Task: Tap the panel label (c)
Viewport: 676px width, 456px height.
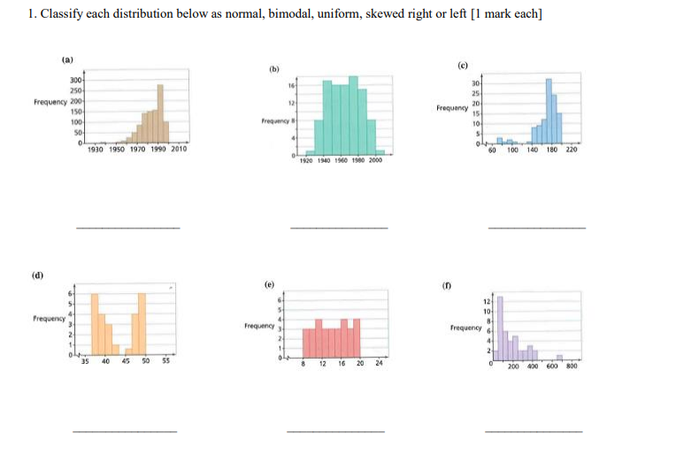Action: pyautogui.click(x=462, y=65)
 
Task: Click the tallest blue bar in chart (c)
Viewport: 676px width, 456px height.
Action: pyautogui.click(x=549, y=111)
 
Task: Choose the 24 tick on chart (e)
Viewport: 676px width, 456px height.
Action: pyautogui.click(x=379, y=363)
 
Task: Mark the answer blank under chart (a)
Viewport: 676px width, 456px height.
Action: pyautogui.click(x=127, y=228)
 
